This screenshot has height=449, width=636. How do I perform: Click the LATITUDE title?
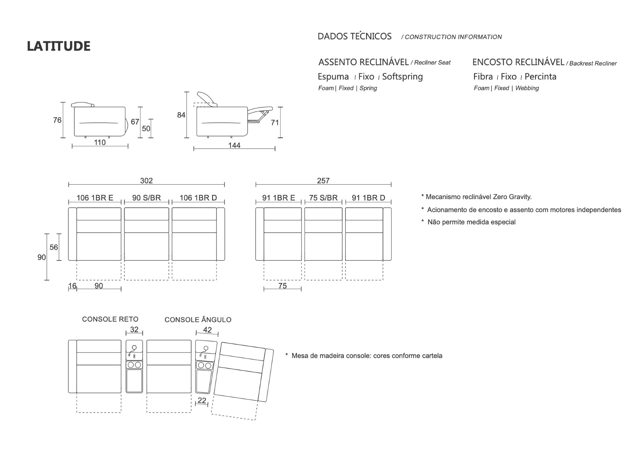point(59,46)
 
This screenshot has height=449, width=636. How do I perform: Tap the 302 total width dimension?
point(146,181)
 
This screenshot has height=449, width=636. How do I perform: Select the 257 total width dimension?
point(323,181)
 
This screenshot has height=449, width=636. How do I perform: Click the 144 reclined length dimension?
point(234,145)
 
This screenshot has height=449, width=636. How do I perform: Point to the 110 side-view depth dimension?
point(100,142)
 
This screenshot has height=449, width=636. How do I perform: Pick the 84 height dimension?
point(181,115)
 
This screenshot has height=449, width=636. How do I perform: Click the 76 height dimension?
point(57,120)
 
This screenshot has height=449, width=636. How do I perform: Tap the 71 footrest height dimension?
point(275,123)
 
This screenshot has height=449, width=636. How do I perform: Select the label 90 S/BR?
point(146,198)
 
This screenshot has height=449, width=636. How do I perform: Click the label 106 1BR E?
point(95,198)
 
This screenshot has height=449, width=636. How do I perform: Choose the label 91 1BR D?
point(368,198)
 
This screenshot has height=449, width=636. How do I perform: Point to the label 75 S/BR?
point(323,198)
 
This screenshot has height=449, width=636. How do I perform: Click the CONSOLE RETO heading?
point(110,319)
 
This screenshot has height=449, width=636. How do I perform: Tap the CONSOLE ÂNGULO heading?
point(198,320)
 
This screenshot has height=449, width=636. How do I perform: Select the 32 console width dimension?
point(134,330)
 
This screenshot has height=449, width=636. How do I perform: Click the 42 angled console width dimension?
point(207,330)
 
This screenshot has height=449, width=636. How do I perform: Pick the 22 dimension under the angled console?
point(202,400)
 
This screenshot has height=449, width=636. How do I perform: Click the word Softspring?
point(402,77)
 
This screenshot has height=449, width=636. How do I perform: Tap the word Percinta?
point(540,77)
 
